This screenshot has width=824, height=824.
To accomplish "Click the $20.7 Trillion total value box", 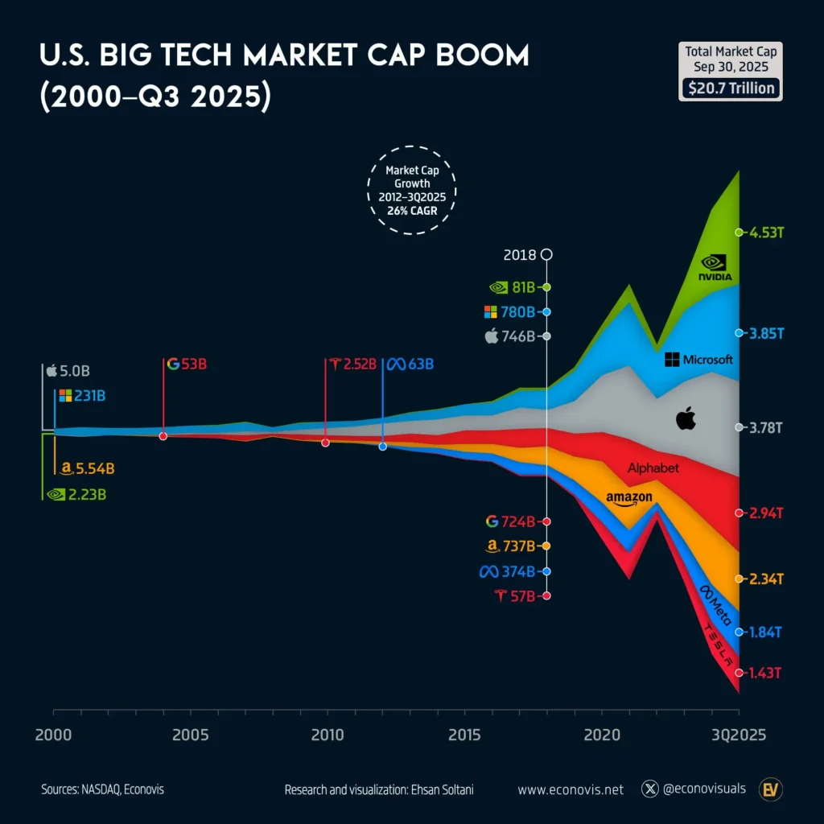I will (730, 88).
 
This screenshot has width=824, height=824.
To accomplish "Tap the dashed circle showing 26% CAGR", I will (411, 190).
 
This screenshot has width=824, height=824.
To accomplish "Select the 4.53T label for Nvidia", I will (764, 233).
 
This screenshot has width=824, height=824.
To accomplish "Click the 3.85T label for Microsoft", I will (764, 332).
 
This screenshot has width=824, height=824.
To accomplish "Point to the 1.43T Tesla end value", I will (764, 673).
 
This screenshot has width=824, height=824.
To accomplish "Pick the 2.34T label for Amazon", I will (764, 579).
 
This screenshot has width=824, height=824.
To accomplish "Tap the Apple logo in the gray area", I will (686, 418).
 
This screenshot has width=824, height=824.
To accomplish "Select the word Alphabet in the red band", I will (653, 468).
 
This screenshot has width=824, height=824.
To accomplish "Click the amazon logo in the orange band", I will (629, 499).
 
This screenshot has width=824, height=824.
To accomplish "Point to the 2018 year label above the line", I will (519, 255).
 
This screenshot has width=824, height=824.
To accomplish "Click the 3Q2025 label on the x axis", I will (738, 735).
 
